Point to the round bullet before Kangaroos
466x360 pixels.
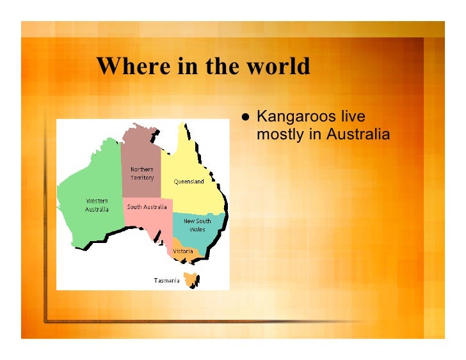point(245,118)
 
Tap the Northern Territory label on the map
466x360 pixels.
point(142,173)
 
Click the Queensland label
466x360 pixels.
point(189,182)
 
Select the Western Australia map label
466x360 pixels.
point(97,205)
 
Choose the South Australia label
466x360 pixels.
point(147,207)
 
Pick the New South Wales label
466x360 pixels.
point(197,225)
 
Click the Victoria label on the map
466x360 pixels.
point(183,251)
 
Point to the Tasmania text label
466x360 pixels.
point(166,280)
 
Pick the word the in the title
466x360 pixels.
point(220,66)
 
